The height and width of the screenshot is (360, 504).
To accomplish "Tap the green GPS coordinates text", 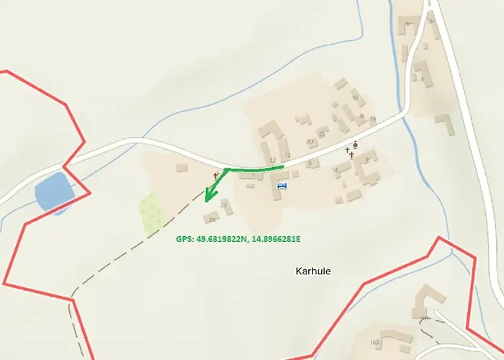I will click(x=238, y=238).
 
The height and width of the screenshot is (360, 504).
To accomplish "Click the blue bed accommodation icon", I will click(x=282, y=186).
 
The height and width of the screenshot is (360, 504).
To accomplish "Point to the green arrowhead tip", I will click(x=207, y=202).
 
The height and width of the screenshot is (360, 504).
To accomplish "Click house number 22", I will click(x=272, y=160).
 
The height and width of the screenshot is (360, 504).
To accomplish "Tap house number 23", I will click(x=223, y=206).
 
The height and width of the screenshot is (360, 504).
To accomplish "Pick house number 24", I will click(x=372, y=119).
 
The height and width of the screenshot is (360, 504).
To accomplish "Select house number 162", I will click(x=374, y=343).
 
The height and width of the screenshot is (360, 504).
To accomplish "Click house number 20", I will click(x=310, y=142).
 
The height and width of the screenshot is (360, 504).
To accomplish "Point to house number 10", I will click(x=354, y=97).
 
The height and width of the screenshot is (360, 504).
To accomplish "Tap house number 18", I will click(x=431, y=22).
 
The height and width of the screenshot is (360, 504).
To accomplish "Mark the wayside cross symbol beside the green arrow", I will click(x=216, y=175).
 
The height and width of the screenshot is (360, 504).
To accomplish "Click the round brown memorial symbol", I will click(x=355, y=145).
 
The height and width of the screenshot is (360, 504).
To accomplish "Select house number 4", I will click(x=336, y=171).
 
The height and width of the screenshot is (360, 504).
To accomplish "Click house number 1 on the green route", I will click(x=253, y=176).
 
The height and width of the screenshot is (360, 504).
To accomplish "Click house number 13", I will click(x=287, y=156).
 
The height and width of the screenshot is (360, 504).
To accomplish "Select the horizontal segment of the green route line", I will click(x=256, y=168).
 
